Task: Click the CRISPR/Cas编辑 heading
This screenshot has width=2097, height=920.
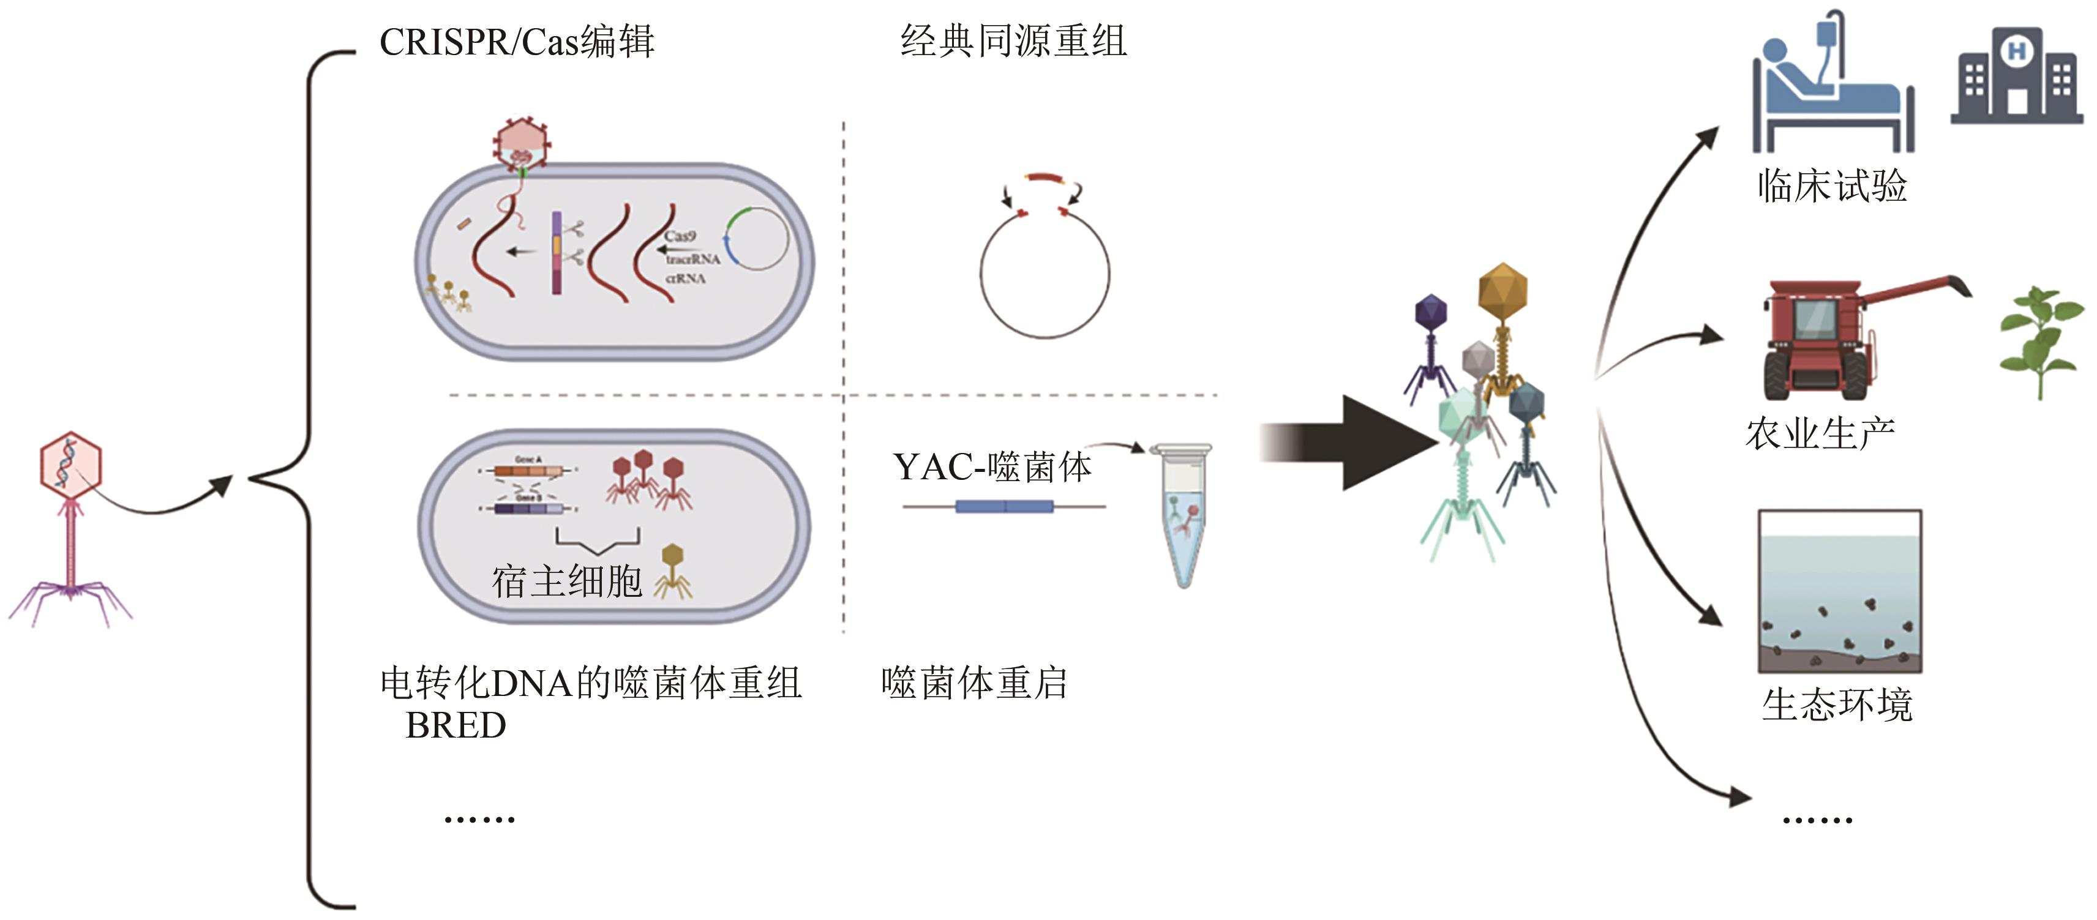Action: click(x=516, y=42)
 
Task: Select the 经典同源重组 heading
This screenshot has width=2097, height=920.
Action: click(x=1013, y=41)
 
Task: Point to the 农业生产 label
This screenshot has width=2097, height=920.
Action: click(x=1820, y=433)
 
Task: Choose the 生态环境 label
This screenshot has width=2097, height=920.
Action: click(x=1837, y=705)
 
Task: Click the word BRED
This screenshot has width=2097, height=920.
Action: click(x=456, y=725)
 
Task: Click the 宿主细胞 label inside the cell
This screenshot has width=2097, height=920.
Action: click(x=568, y=582)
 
